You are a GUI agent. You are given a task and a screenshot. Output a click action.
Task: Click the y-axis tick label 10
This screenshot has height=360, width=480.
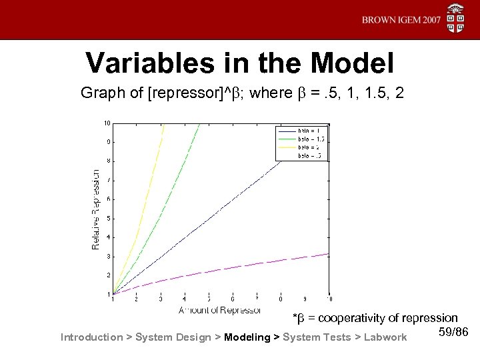point(107,123)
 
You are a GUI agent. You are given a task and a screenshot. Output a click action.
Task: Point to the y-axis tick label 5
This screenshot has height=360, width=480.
point(108,219)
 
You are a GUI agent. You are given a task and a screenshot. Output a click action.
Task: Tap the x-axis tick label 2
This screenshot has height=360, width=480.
point(136,299)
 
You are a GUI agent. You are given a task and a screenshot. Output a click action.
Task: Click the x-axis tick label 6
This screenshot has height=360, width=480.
point(233,299)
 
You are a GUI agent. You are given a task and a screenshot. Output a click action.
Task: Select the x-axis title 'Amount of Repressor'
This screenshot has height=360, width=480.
point(219,310)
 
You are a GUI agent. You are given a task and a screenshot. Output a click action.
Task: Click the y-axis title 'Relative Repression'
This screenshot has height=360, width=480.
point(95,209)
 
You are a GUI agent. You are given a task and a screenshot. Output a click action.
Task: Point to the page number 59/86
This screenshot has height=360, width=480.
point(455,331)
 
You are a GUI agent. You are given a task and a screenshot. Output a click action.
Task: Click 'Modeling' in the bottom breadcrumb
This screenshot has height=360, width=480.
point(248,337)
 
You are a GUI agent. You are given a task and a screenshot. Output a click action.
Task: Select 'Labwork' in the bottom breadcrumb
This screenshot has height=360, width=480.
point(385,337)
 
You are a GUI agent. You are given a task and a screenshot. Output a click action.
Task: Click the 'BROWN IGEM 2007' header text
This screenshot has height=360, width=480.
point(401,20)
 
